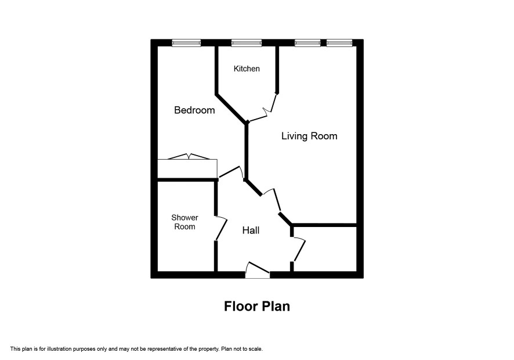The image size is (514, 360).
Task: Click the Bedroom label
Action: click(194, 110)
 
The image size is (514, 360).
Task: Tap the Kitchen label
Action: click(247, 69)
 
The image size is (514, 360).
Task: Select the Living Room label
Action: click(309, 136)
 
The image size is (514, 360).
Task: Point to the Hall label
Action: click(251, 231)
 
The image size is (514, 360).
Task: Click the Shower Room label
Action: click(184, 222)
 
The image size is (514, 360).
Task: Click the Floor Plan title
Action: click(257, 306)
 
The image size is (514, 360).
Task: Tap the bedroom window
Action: click(186, 42)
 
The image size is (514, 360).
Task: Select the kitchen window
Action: click(247, 42)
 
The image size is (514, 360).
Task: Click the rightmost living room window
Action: click(339, 42)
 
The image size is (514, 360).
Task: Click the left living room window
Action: click(307, 42)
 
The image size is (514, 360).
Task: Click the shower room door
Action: click(222, 228)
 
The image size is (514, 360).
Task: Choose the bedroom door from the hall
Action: click(231, 172)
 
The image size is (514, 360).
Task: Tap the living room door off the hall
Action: click(276, 200)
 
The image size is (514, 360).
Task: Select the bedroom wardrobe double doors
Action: click(189, 157)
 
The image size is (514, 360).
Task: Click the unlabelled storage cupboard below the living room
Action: click(324, 249)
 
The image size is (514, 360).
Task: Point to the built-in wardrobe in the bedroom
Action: click(187, 169)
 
